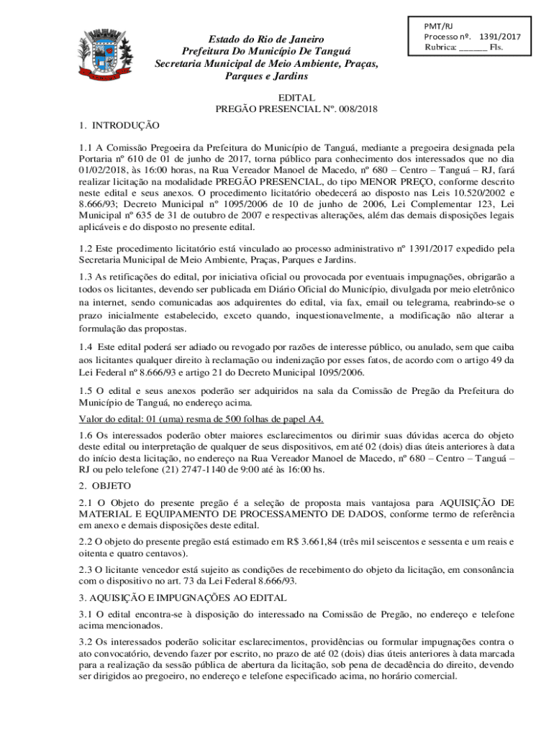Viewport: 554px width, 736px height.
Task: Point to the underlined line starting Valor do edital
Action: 201,419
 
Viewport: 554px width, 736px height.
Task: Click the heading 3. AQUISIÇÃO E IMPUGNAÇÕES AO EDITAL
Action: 183,597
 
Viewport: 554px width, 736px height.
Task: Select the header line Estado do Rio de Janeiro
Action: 267,39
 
